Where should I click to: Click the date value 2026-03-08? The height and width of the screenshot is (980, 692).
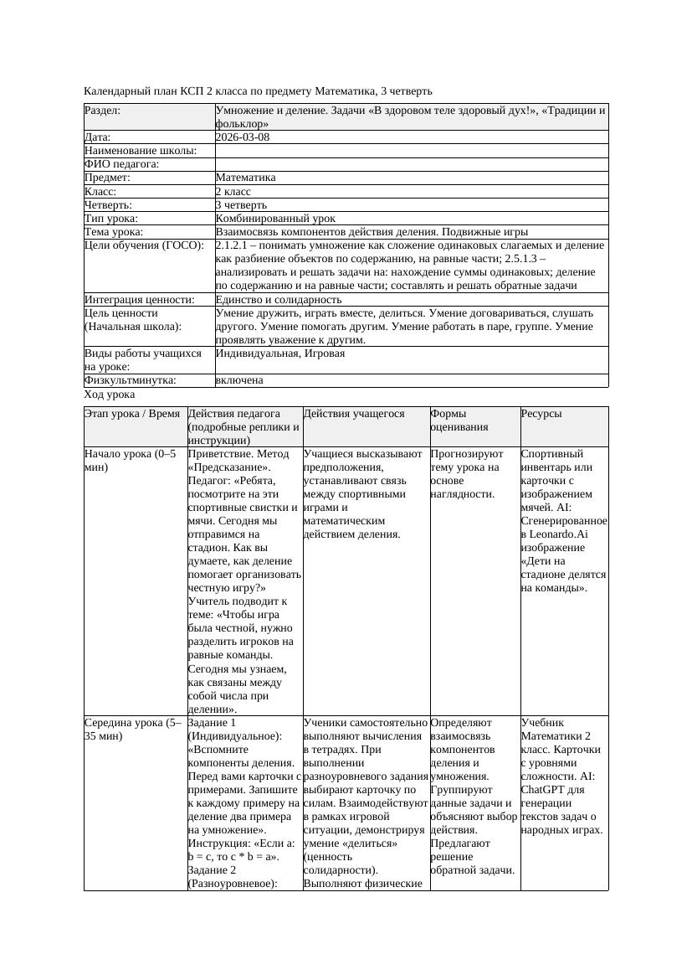(242, 137)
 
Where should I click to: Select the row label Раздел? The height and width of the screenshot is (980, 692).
(102, 110)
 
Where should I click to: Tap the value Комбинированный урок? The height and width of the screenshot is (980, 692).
(264, 218)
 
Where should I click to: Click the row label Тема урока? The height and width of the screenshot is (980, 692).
(114, 231)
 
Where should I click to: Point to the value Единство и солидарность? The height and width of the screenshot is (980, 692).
(279, 299)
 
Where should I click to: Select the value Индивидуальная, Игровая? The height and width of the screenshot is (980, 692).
(279, 353)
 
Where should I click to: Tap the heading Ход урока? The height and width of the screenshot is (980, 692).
(110, 394)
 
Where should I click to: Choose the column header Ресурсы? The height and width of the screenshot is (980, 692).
(541, 414)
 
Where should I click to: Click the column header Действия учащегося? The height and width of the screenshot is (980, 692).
(354, 414)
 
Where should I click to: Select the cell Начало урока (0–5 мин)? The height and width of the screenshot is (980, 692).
(130, 460)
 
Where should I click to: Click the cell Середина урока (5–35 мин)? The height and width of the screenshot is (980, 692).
(133, 729)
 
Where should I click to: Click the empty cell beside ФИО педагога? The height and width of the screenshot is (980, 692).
(411, 164)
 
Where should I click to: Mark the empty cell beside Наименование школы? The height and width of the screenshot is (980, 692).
(411, 151)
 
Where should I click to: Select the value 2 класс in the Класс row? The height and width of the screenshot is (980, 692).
(233, 191)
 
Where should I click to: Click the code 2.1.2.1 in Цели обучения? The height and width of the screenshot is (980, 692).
(236, 245)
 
